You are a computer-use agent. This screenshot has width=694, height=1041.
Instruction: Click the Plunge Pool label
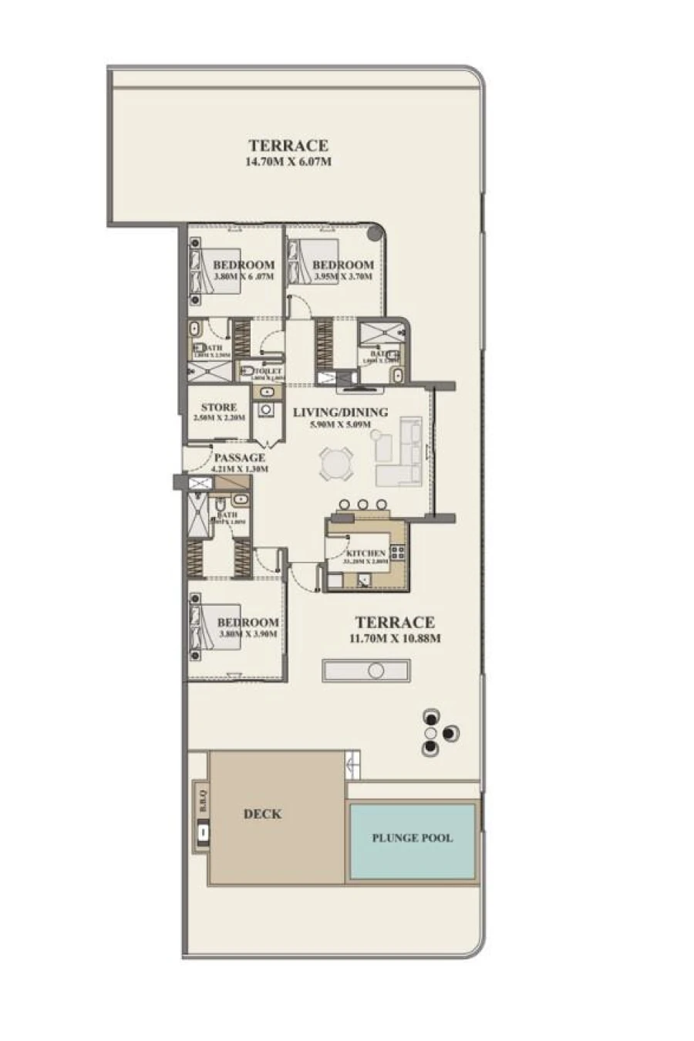coord(412,838)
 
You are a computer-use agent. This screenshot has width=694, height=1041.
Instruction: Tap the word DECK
coord(262,813)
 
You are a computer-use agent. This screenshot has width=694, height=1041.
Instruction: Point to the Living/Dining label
coord(340,412)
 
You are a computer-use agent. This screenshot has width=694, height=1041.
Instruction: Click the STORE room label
coord(219,407)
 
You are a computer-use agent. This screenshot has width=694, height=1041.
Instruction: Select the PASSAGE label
coord(239,458)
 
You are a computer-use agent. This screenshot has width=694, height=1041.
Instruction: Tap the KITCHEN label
coord(366,553)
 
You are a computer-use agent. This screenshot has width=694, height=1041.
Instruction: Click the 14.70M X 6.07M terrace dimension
coord(288,162)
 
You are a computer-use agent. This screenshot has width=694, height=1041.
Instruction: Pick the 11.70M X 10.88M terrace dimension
coord(395,638)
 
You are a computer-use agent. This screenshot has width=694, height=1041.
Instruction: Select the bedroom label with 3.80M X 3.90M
coord(248,623)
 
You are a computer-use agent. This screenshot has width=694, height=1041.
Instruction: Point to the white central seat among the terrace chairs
coord(431,732)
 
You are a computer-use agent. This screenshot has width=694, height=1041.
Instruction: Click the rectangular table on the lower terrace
coord(366,671)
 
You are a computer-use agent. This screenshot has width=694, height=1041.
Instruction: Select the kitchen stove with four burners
coord(398,552)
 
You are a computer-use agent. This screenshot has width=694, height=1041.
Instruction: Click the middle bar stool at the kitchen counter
coord(362,505)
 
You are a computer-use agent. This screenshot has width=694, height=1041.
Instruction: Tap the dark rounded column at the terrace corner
coord(375,232)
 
